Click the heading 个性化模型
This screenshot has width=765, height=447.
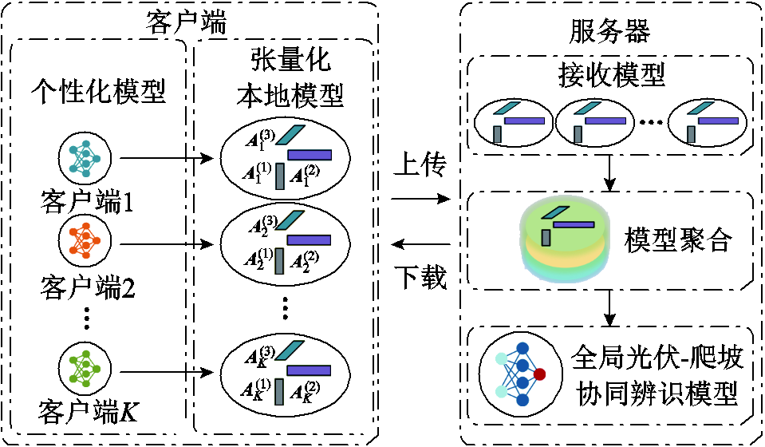(x=98, y=92)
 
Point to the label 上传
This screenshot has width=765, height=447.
(x=420, y=168)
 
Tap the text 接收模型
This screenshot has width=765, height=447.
(x=610, y=76)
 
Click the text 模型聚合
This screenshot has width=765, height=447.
(x=677, y=239)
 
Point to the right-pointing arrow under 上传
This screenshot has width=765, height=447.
(x=421, y=197)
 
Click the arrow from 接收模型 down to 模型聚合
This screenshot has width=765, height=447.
(x=610, y=172)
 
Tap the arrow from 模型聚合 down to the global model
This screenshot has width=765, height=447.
(x=610, y=305)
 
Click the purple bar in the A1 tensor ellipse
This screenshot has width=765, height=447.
(x=309, y=155)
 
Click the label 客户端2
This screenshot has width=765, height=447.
(x=86, y=285)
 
